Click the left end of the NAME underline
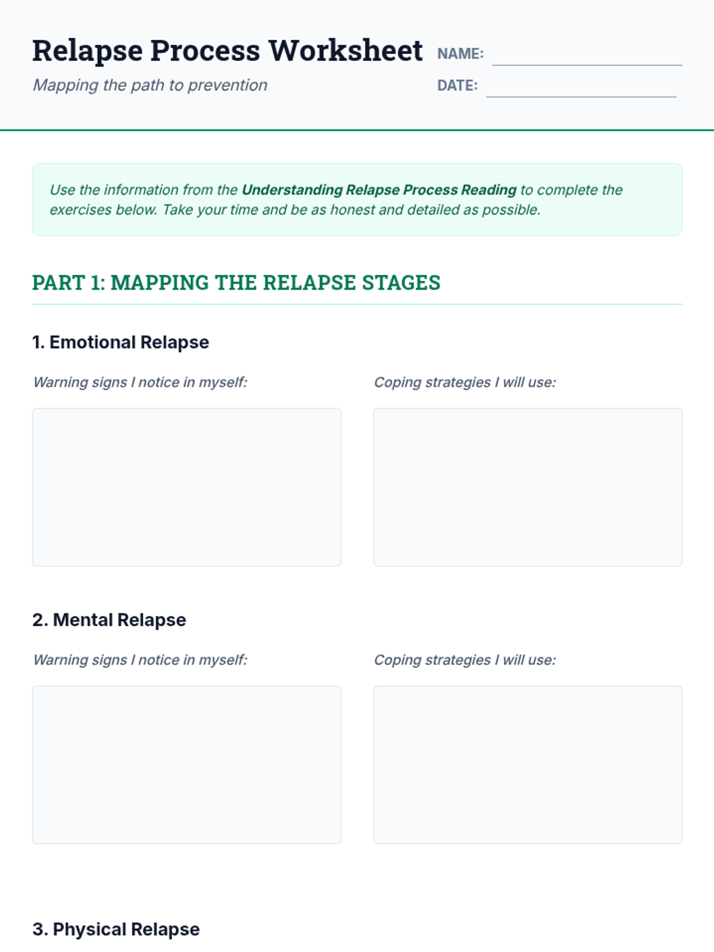pyautogui.click(x=493, y=65)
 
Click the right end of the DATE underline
pyautogui.click(x=677, y=97)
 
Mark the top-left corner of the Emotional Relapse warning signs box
pyautogui.click(x=33, y=408)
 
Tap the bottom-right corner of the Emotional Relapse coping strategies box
pyautogui.click(x=682, y=566)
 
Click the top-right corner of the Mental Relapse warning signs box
pyautogui.click(x=341, y=686)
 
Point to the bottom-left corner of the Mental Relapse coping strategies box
pyautogui.click(x=374, y=843)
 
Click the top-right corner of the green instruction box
pyautogui.click(x=682, y=164)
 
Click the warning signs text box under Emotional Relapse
pyautogui.click(x=187, y=487)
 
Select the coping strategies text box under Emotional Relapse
pyautogui.click(x=528, y=487)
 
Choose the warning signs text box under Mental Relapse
pyautogui.click(x=187, y=765)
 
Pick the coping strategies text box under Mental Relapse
pyautogui.click(x=528, y=765)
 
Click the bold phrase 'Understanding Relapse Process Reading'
pyautogui.click(x=380, y=190)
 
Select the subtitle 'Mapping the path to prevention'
pyautogui.click(x=150, y=86)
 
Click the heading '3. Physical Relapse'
pyautogui.click(x=116, y=929)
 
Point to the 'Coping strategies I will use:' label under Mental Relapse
pyautogui.click(x=465, y=660)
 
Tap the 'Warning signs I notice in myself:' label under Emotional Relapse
pyautogui.click(x=140, y=383)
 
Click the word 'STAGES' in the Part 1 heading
pyautogui.click(x=401, y=283)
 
